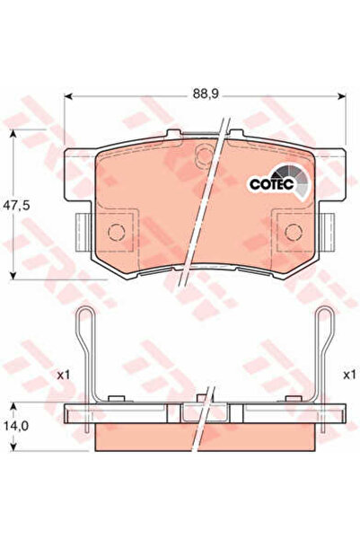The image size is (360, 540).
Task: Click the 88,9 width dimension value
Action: (206, 93)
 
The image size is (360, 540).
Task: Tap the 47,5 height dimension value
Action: (16, 205)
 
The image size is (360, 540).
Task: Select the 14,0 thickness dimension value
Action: (16, 426)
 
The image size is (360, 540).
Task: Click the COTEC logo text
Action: (271, 184)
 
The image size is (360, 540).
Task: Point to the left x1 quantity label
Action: (64, 375)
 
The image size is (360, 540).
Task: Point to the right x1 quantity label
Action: (349, 375)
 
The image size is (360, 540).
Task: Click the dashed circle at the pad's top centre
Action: (206, 156)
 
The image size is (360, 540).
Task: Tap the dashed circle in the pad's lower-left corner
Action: (117, 233)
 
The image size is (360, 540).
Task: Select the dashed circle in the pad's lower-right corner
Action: (294, 233)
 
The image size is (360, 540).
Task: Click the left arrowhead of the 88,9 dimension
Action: (68, 96)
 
